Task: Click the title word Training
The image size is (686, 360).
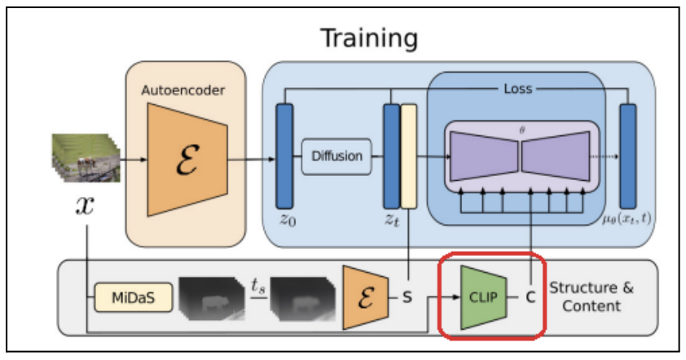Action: tap(368, 37)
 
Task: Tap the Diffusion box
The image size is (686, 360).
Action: tap(336, 156)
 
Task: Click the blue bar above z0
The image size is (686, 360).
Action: tap(284, 156)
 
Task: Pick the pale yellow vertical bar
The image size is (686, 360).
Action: tap(408, 156)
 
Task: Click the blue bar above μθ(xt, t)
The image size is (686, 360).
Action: tap(628, 156)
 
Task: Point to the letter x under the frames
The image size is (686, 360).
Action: tap(85, 204)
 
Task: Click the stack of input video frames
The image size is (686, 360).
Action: tap(84, 158)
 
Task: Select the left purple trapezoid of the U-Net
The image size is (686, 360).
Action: tap(481, 156)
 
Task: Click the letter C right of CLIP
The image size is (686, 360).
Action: tap(530, 297)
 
